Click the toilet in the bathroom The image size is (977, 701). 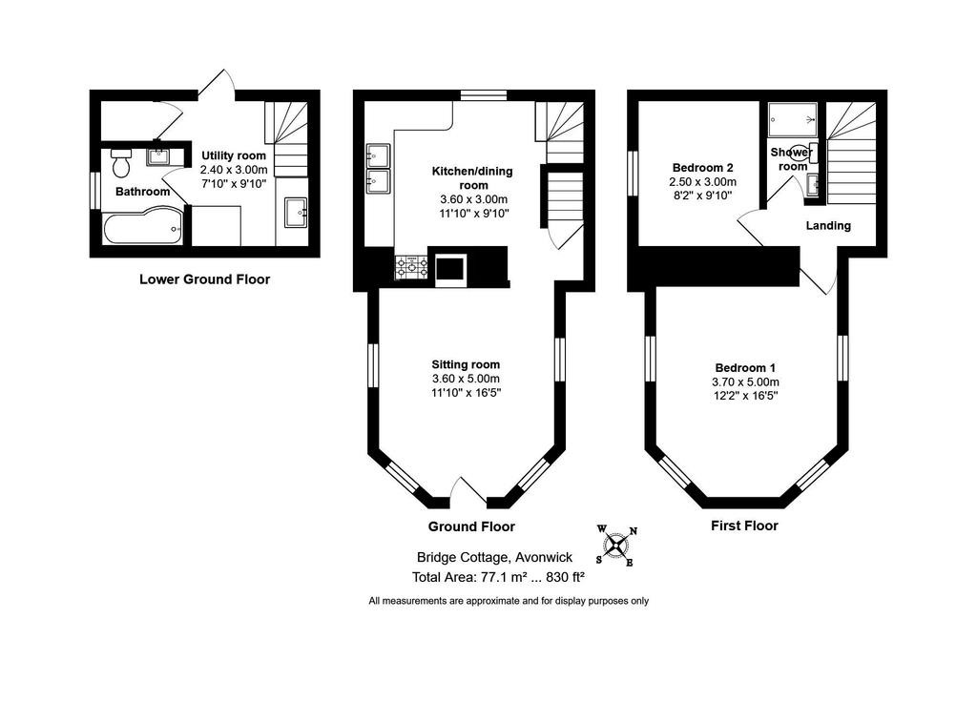[120, 164]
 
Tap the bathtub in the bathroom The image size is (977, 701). [142, 228]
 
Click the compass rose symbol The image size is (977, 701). [617, 546]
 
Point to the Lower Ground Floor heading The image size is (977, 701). [204, 279]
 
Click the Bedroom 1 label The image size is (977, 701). [745, 368]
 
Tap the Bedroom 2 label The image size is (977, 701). [701, 167]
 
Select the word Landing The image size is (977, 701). [828, 226]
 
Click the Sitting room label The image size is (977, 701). [466, 364]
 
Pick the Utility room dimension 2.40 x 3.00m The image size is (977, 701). [234, 169]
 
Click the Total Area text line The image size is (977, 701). [498, 577]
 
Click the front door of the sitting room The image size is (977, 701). [467, 491]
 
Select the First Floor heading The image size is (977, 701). [744, 526]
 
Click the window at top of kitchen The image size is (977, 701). [483, 94]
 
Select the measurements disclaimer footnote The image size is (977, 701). [509, 601]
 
